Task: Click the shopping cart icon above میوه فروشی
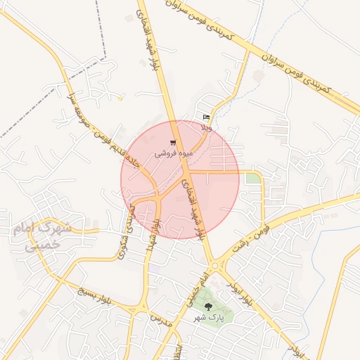pos(173,143)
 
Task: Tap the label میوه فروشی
pos(171,152)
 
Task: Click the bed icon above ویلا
pos(206,117)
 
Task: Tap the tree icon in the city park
pos(207,307)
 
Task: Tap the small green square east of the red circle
pos(252,179)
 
